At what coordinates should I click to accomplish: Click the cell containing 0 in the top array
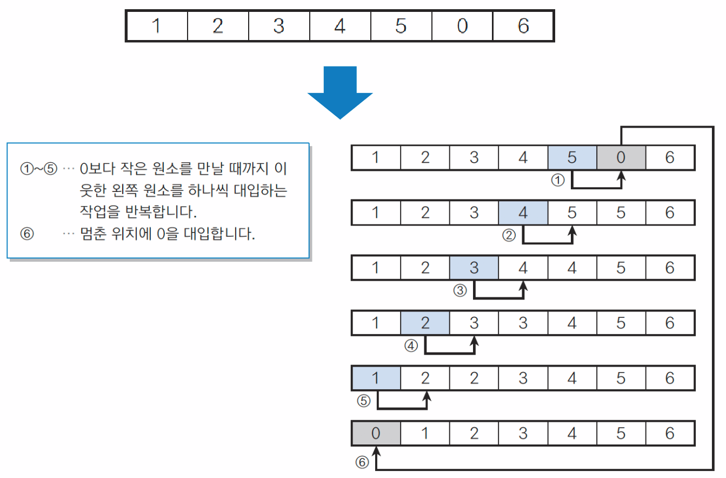coord(462,26)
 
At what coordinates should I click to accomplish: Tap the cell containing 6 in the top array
coord(523,26)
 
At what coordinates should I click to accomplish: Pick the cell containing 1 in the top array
coord(157,26)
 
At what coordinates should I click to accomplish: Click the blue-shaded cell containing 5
coord(572,157)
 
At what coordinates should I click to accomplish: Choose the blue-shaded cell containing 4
coord(523,213)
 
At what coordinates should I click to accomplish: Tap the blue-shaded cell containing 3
coord(474,268)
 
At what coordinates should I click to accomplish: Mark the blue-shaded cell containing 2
coord(425,323)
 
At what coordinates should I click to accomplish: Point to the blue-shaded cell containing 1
coord(376,378)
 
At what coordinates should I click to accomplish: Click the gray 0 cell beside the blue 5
coord(621,157)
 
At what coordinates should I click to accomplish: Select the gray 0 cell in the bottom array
coord(376,433)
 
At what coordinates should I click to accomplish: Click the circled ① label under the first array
coord(557,181)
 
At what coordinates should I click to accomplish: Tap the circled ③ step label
coord(459,290)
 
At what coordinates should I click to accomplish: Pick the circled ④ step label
coord(411,346)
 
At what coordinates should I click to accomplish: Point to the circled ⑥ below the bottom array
coord(362,462)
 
